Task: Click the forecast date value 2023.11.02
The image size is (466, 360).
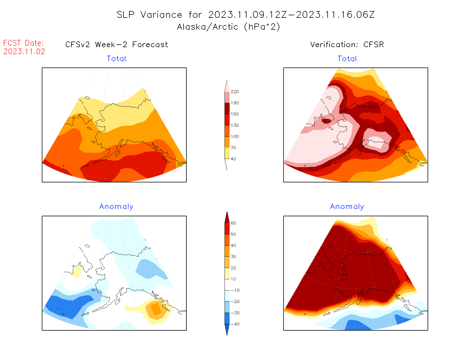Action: (x=24, y=52)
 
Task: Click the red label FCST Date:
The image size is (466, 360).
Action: (x=23, y=43)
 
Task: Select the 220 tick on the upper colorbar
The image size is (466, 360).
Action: (x=234, y=92)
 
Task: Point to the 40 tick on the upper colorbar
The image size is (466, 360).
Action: (x=233, y=159)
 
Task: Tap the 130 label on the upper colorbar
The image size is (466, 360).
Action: (x=234, y=125)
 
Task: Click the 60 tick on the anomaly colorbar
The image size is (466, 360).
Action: (x=233, y=223)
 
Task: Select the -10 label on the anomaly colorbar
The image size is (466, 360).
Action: (x=235, y=290)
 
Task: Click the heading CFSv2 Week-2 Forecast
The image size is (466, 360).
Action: (x=117, y=45)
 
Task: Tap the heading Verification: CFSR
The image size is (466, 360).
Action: (x=347, y=45)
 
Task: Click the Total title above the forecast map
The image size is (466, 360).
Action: (x=116, y=59)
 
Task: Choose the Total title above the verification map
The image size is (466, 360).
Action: (x=347, y=59)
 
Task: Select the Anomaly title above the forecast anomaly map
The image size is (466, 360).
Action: (x=116, y=207)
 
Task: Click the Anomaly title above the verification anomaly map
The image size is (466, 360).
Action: (x=347, y=207)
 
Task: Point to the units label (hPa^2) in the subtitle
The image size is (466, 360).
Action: (x=262, y=27)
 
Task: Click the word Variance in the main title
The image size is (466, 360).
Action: (x=161, y=15)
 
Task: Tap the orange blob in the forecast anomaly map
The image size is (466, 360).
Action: (x=155, y=309)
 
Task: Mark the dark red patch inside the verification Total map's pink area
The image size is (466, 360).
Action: (x=326, y=121)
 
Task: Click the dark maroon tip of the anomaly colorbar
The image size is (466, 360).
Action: (x=227, y=217)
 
